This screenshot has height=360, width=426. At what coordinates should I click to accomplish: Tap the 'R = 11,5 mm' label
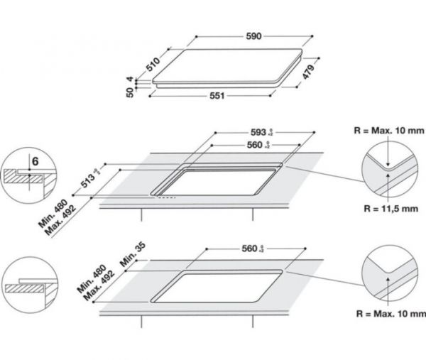tap(388, 210)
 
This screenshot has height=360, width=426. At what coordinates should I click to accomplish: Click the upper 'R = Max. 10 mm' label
tap(388, 132)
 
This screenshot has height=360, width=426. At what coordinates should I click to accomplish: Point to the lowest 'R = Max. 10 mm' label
tap(388, 313)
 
